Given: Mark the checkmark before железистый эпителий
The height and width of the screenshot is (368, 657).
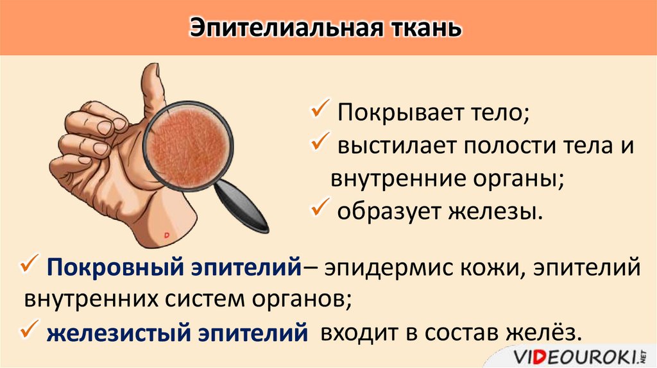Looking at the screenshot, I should [x=30, y=331].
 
